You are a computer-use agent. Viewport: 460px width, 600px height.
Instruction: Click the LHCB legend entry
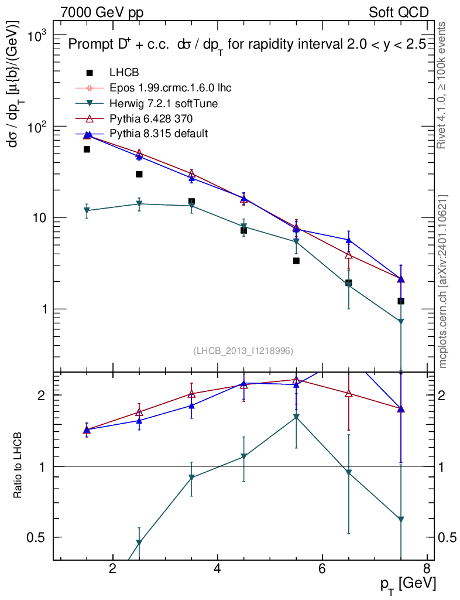point(122,73)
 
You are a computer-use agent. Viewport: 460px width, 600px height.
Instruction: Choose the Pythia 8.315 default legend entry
point(158,134)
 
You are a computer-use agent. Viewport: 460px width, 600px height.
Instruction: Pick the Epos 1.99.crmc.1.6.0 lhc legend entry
point(170,88)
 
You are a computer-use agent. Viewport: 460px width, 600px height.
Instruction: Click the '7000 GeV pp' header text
point(102,12)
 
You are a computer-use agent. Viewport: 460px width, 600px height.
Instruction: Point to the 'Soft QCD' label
point(399,12)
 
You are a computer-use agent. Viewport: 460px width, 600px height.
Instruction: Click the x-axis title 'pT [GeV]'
point(407,584)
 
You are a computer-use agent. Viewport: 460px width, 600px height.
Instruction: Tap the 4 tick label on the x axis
point(217,568)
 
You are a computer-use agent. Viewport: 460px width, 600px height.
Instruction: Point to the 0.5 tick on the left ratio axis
point(39,537)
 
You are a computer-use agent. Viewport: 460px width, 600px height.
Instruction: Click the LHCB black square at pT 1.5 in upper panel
point(87,149)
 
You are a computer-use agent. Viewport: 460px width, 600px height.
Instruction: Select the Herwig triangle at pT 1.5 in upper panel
point(87,211)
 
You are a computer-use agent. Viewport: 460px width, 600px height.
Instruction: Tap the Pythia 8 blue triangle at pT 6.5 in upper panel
point(349,240)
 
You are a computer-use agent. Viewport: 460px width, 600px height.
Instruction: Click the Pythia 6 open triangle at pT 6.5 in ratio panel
point(349,394)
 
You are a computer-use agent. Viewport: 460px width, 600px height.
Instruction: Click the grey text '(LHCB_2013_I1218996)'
point(243,350)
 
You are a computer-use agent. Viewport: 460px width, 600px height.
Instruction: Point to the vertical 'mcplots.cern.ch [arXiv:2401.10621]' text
point(443,281)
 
